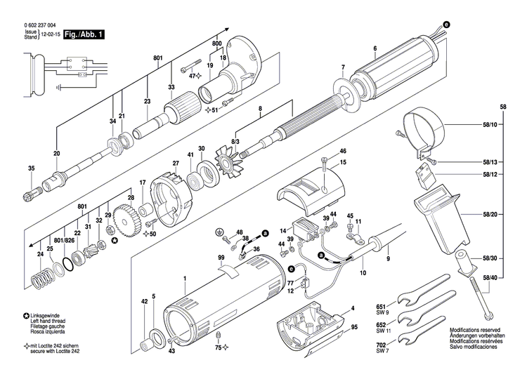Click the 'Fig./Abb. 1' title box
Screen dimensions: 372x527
[83, 34]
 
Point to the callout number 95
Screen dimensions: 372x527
[355, 327]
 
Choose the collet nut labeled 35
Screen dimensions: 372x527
[32, 191]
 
